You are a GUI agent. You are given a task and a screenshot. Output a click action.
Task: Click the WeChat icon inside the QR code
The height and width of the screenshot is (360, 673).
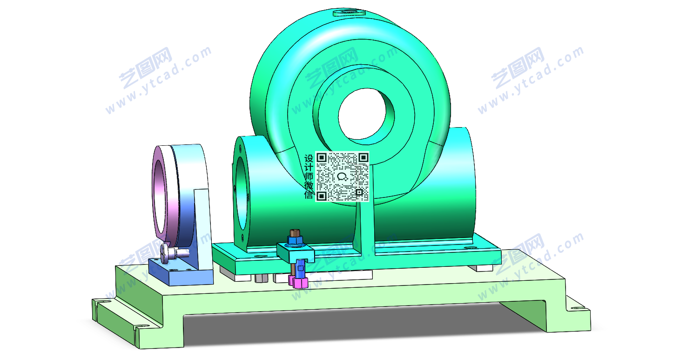[x=342, y=177]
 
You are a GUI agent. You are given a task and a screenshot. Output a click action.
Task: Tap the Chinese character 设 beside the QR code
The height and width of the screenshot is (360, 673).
[x=309, y=158]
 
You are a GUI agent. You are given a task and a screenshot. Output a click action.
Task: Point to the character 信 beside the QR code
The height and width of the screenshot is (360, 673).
[x=309, y=195]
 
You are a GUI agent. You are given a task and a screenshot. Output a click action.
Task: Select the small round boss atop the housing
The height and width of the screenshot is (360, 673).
[x=349, y=13]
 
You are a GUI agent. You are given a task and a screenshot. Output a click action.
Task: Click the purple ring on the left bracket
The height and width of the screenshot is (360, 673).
[x=159, y=192]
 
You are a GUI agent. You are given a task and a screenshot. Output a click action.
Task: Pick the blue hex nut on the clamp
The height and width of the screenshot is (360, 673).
[x=295, y=240]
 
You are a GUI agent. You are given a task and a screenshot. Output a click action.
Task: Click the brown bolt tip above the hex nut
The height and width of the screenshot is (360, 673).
[x=295, y=232]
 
